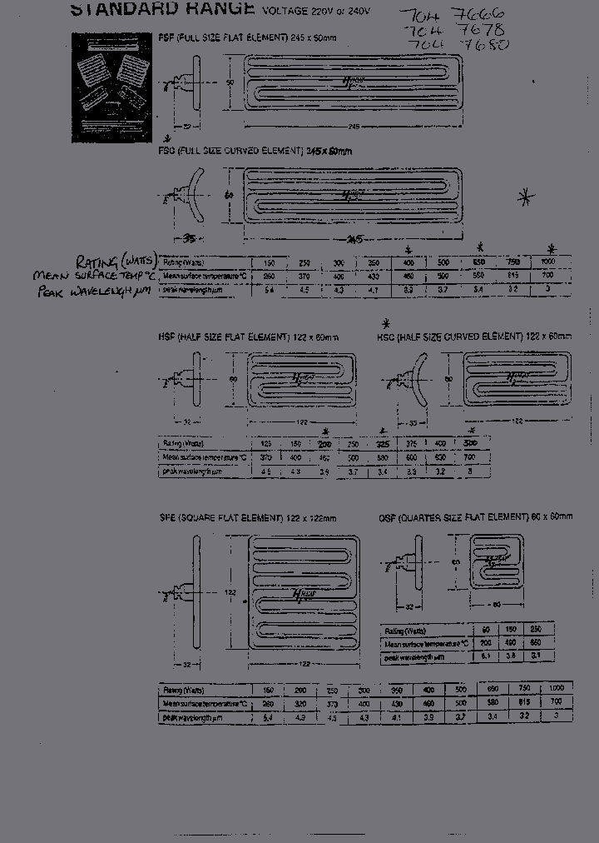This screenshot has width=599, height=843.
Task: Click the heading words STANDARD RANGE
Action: point(162,9)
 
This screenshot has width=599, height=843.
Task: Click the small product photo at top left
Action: point(112,85)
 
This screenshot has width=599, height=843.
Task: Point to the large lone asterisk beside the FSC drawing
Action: point(526,197)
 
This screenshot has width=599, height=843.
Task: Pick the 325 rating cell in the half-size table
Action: point(383,444)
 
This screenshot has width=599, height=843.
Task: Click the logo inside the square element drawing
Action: point(305,593)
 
